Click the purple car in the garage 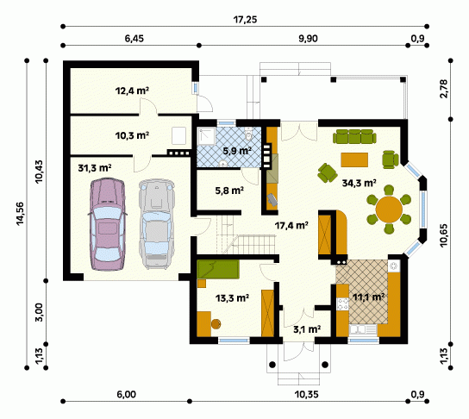[107, 224]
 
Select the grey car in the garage [156, 224]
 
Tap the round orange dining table [389, 209]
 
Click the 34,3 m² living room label [359, 183]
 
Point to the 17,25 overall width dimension [245, 20]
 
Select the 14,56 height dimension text [20, 214]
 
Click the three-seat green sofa [354, 136]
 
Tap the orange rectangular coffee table [354, 159]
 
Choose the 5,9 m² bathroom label [237, 151]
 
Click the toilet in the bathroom [248, 134]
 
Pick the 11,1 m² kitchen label [368, 297]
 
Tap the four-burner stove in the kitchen [343, 304]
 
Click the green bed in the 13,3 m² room [218, 269]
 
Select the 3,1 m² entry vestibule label [307, 329]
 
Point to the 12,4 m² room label [132, 91]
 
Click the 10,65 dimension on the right [444, 235]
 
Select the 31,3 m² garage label [95, 168]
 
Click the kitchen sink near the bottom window [363, 329]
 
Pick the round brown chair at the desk [216, 324]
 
